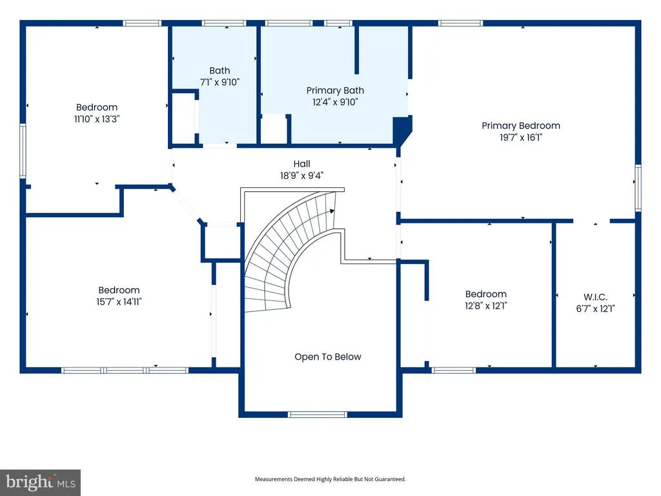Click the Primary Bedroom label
click(521, 126)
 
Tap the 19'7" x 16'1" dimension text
click(521, 138)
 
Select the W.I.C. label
click(595, 297)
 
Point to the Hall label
click(302, 163)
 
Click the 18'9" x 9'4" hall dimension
click(302, 176)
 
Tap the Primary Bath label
click(335, 90)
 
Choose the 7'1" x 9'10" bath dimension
click(219, 82)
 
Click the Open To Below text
click(328, 356)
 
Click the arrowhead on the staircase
click(332, 211)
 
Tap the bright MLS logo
click(41, 482)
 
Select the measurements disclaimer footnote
click(330, 479)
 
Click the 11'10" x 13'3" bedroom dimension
click(97, 119)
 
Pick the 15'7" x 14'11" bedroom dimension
click(119, 302)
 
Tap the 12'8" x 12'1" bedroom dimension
click(486, 305)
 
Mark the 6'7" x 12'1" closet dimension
click(595, 309)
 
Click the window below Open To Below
click(318, 415)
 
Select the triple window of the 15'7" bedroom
click(125, 370)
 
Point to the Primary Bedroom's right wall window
click(638, 188)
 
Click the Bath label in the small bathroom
click(219, 70)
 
